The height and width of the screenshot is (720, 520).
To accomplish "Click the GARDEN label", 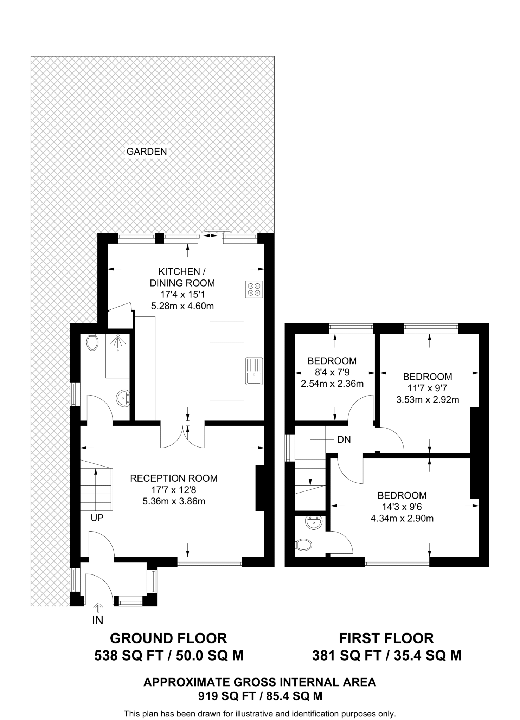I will point(147,152).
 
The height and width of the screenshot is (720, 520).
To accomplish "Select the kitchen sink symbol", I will point(254,371).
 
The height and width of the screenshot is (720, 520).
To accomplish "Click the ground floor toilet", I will point(92,342).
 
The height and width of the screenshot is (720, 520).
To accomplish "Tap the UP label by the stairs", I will point(97,518).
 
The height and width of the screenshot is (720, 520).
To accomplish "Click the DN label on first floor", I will point(344,439).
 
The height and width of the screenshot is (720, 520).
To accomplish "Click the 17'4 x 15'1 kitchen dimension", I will point(182,294).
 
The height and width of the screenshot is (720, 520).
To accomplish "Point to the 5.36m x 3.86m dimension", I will point(174,501).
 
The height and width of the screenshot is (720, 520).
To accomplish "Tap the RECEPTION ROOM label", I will point(174,478).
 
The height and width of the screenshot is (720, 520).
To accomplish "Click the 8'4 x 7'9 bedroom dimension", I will point(332,372).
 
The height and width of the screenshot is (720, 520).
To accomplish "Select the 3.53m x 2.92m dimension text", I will point(427,399).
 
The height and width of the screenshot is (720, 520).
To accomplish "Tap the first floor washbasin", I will point(314,523).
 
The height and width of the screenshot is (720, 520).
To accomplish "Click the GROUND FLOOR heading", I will point(168,638).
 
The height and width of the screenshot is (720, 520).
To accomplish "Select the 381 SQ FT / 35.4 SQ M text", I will point(386,656).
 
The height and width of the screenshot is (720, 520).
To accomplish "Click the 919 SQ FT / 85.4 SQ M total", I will point(260,696).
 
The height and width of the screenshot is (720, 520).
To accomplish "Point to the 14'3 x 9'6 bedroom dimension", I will point(402,507).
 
